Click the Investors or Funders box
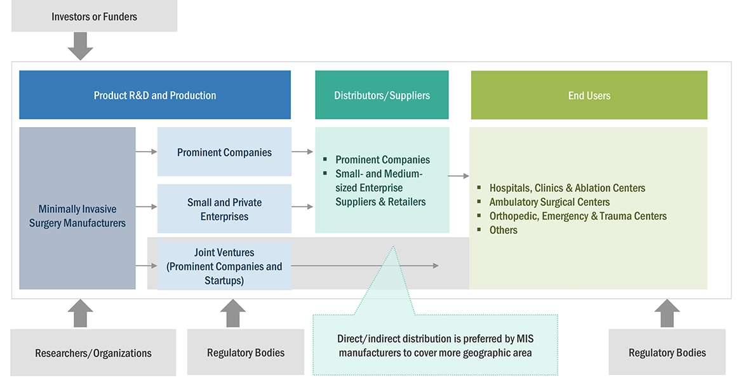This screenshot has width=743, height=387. (94, 17)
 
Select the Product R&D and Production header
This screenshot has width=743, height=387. (155, 95)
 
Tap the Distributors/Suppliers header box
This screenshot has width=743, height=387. (382, 95)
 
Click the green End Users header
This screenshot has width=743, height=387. (589, 95)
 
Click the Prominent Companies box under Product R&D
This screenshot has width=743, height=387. (224, 152)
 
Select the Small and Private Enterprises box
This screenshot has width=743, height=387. (224, 209)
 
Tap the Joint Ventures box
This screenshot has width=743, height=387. (224, 266)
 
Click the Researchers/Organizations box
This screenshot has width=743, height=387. (93, 353)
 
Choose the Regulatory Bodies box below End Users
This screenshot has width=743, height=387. (667, 352)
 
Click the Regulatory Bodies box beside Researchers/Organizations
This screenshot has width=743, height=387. (246, 352)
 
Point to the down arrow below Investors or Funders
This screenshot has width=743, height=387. (81, 46)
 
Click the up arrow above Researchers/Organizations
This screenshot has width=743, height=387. (81, 313)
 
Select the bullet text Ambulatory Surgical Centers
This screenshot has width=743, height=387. (549, 202)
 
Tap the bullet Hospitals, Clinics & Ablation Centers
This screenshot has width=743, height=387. (566, 188)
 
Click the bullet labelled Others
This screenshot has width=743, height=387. (503, 230)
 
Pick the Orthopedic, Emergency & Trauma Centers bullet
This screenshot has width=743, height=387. (577, 216)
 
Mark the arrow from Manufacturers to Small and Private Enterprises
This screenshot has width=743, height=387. (146, 207)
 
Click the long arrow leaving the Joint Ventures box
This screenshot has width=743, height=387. (365, 266)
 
